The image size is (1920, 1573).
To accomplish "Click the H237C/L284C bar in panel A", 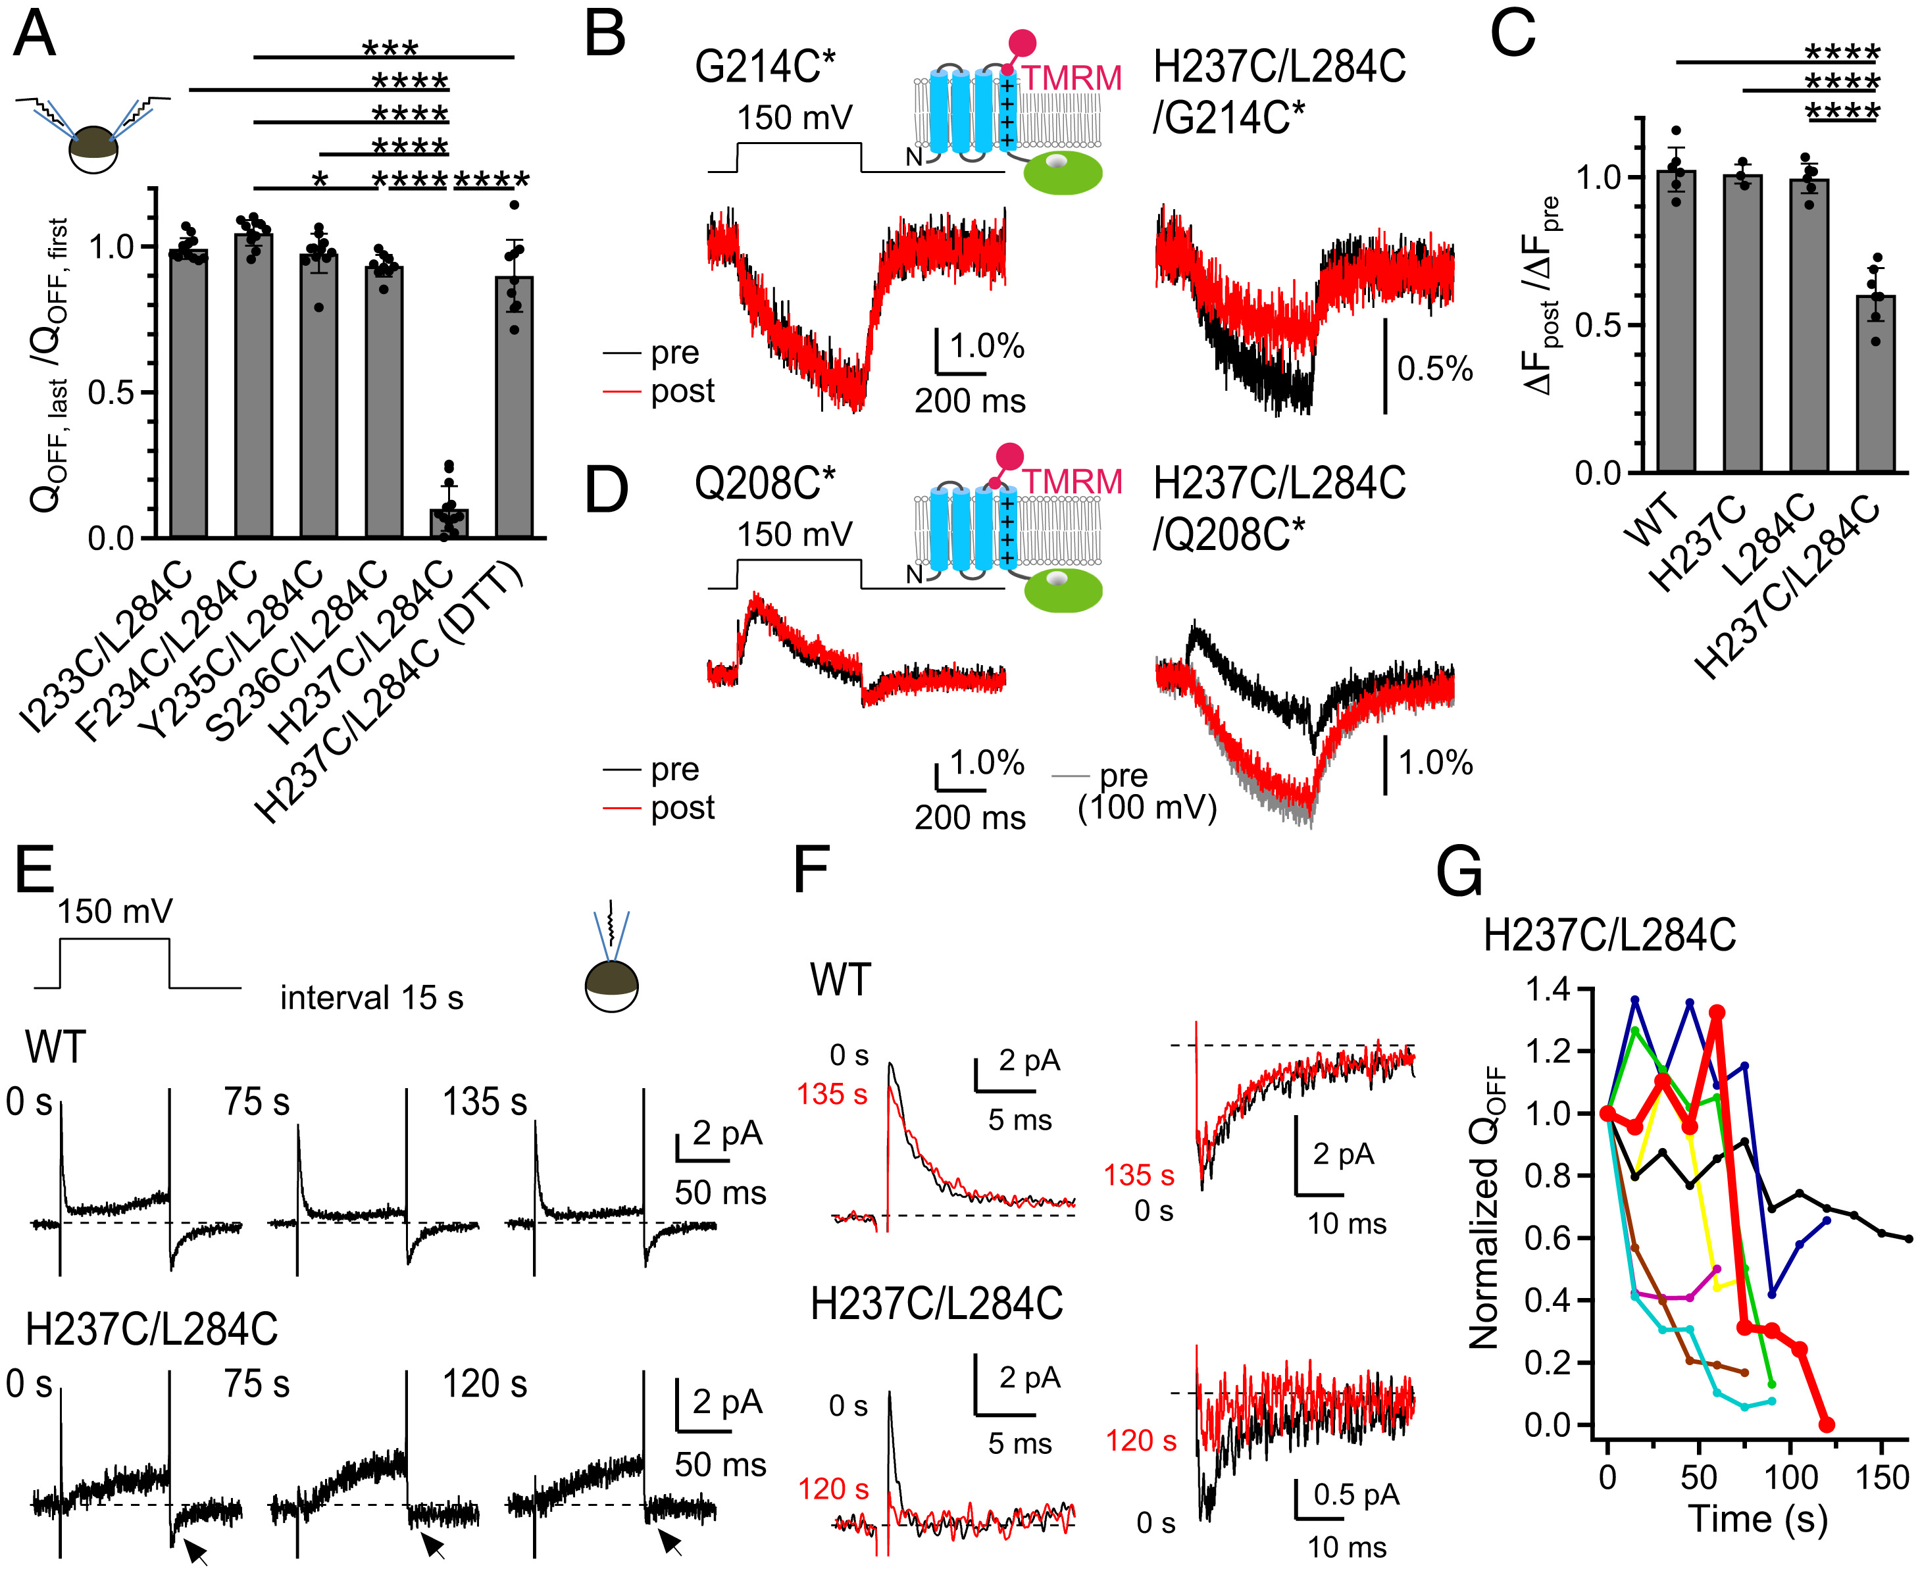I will point(449,523).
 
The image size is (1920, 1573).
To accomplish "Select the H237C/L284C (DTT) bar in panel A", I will point(514,408).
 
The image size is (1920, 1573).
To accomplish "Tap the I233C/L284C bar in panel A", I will point(188,394).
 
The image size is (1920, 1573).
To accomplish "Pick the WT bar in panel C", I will point(1675,322).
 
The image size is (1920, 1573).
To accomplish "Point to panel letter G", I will point(1459,872).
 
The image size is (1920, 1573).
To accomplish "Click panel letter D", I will point(606,490).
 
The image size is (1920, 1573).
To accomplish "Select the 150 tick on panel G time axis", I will point(1881,1477).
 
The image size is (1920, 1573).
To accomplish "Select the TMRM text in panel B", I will point(1072,79).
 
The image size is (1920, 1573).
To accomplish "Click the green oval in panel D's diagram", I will point(1063,591).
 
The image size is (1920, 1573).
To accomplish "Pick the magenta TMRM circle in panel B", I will point(1022,43).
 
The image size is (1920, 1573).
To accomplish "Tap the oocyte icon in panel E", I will point(612,986).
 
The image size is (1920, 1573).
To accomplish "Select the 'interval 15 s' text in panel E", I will point(372,997).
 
